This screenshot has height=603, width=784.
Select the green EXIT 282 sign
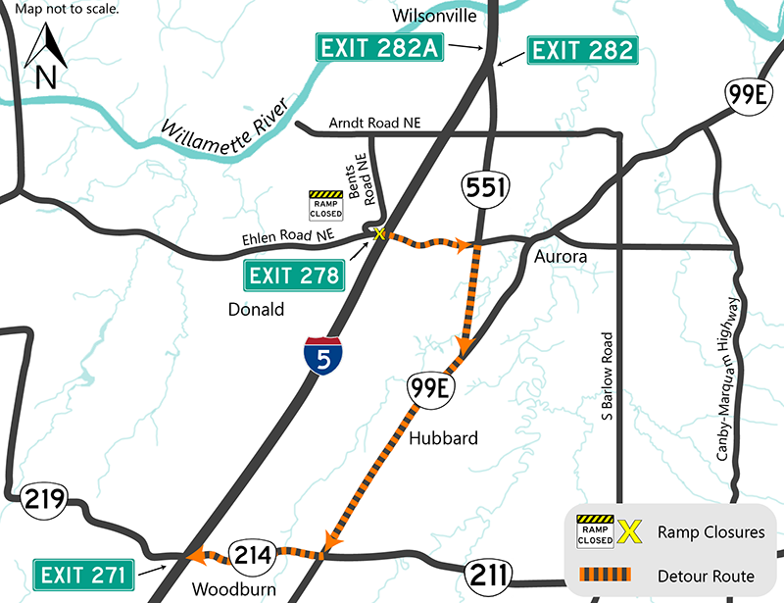(581, 51)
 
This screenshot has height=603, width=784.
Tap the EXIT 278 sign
(293, 276)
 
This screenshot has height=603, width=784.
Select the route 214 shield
(251, 555)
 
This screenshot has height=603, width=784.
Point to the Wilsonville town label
(434, 17)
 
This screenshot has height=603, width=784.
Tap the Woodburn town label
(236, 589)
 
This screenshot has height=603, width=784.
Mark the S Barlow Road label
(608, 377)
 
